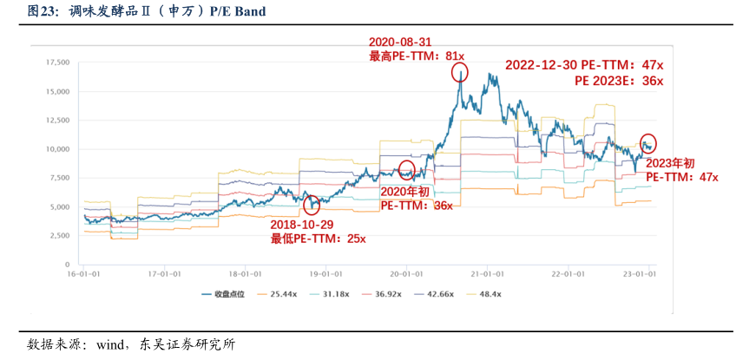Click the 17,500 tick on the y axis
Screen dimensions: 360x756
[x=56, y=62]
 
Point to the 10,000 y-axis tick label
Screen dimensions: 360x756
[x=56, y=149]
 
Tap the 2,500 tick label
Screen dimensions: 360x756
[x=59, y=235]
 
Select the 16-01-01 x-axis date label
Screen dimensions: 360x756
[x=82, y=272]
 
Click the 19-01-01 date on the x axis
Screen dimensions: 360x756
[x=325, y=272]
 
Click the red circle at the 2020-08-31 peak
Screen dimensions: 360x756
[x=459, y=73]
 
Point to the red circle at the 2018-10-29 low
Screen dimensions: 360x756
[x=312, y=205]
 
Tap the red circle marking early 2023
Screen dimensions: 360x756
[x=648, y=144]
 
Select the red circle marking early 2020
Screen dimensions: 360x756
[x=406, y=169]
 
